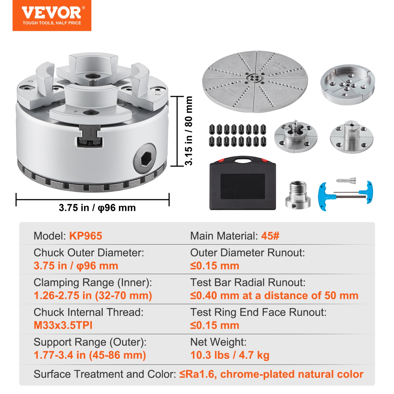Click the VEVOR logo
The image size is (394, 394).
click(52, 15)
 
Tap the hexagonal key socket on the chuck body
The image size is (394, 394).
click(145, 159)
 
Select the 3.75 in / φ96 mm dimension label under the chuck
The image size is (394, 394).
click(97, 208)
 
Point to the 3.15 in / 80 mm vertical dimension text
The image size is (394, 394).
click(189, 131)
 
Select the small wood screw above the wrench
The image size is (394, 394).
click(346, 181)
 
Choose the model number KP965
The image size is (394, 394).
click(86, 236)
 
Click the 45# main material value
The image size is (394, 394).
click(270, 236)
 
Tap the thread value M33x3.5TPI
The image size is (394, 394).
click(63, 325)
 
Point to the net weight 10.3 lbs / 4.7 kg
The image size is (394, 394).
click(230, 355)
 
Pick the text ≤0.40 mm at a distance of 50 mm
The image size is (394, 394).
click(274, 295)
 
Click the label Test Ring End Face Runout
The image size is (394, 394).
click(258, 312)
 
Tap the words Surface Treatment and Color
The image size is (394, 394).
click(105, 374)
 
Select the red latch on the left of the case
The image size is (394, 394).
click(221, 160)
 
